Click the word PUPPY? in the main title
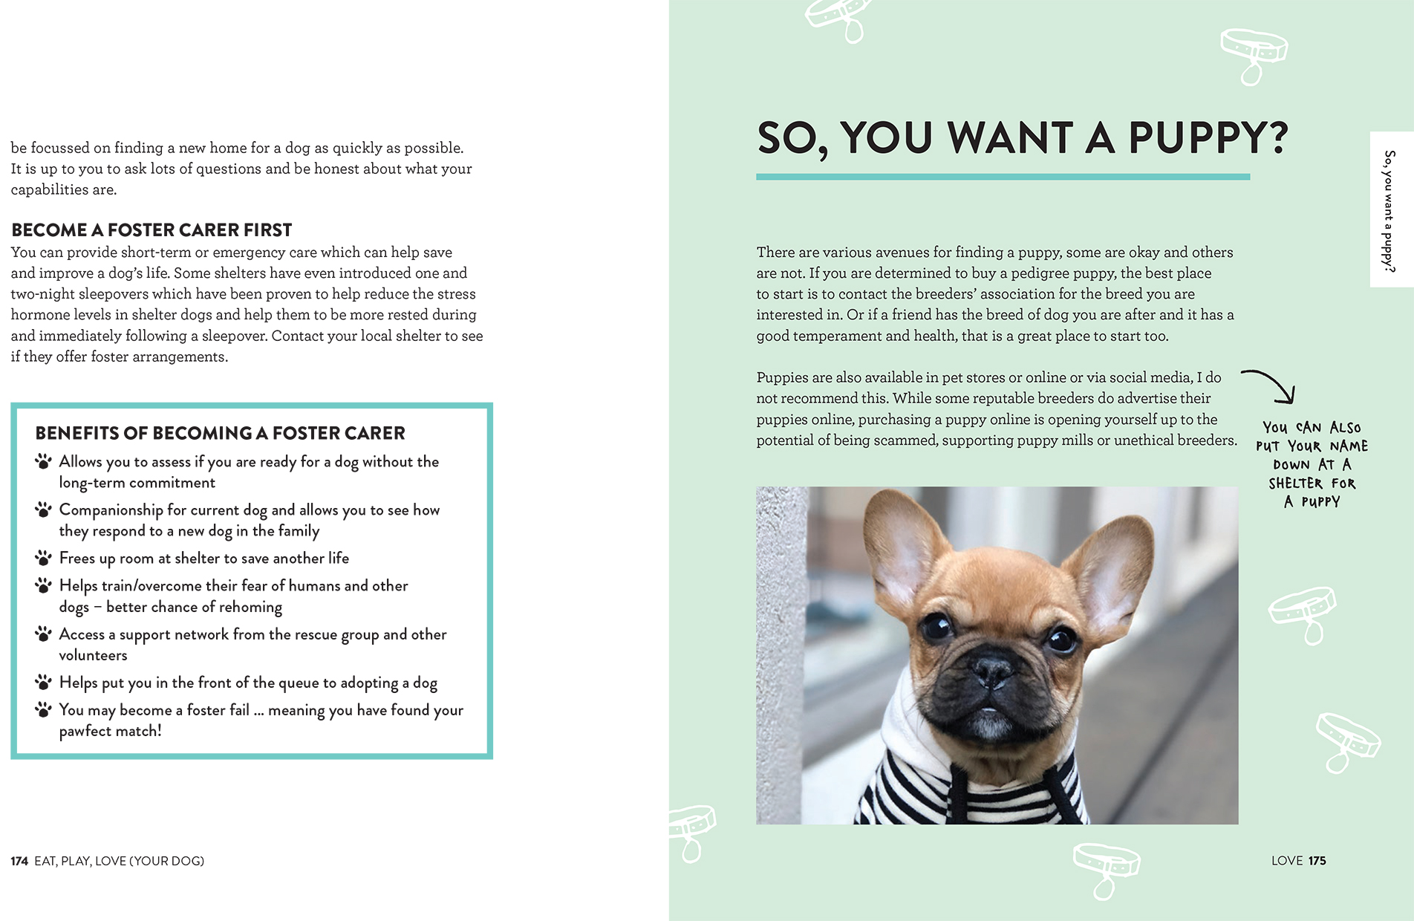tap(1208, 138)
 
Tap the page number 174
tap(19, 861)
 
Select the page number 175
tap(1317, 860)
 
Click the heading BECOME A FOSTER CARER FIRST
tap(151, 230)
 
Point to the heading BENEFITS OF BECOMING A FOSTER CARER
tap(220, 433)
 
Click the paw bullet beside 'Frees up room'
tap(44, 558)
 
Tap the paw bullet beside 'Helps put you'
tap(44, 682)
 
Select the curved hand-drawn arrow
tap(1271, 383)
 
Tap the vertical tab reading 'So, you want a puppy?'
tap(1389, 210)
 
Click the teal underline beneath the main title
tap(1003, 177)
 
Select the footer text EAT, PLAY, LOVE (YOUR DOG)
tap(119, 861)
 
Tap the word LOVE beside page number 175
tap(1287, 860)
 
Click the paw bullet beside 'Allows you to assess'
tap(44, 461)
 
